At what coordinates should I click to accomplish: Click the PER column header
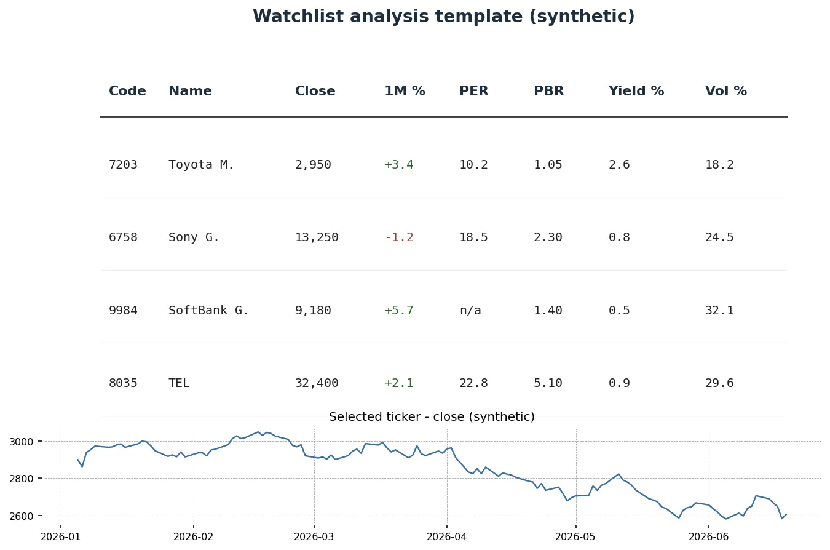point(474,91)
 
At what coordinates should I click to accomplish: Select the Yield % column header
point(636,91)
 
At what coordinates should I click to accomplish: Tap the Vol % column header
point(726,91)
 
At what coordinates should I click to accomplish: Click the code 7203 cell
point(123,164)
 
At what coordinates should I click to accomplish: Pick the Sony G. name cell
point(194,237)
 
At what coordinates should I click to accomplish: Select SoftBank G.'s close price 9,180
point(313,310)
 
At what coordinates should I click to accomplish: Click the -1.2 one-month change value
point(400,237)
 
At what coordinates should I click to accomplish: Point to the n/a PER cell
point(470,310)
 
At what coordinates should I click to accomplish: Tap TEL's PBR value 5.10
point(548,383)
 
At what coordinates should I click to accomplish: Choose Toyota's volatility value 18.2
point(719,164)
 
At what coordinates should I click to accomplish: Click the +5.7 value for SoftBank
point(399,310)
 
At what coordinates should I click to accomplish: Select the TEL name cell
point(179,383)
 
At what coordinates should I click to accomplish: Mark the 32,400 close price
point(317,383)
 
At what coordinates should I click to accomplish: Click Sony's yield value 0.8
point(619,237)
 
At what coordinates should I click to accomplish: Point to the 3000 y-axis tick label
point(21,442)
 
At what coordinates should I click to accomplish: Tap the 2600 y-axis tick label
point(21,516)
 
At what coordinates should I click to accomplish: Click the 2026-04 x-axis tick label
point(446,536)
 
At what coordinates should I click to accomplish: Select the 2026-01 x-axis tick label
point(60,536)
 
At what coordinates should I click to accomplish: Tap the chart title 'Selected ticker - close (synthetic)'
point(432,416)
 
